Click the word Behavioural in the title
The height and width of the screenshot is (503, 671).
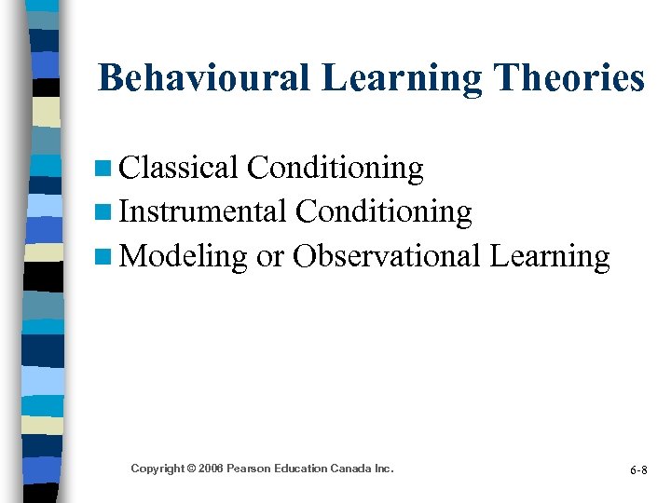click(x=204, y=78)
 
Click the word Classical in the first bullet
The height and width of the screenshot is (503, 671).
click(x=179, y=168)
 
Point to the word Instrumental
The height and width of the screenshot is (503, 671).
click(x=203, y=212)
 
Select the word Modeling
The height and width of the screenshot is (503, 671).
click(x=184, y=256)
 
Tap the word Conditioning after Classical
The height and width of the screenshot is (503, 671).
click(x=335, y=168)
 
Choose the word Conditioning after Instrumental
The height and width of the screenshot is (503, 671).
click(x=384, y=212)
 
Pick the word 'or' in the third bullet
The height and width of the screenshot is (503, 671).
click(x=270, y=256)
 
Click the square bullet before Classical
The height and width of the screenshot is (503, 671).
click(x=104, y=170)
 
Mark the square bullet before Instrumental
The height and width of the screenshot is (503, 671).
click(x=104, y=213)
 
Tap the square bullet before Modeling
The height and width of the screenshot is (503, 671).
click(x=104, y=257)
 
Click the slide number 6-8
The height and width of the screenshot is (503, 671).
click(x=639, y=470)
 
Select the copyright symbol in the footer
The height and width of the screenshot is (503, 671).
click(x=189, y=469)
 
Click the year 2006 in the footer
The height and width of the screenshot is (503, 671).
click(x=210, y=469)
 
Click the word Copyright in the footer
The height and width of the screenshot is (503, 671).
click(x=157, y=469)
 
